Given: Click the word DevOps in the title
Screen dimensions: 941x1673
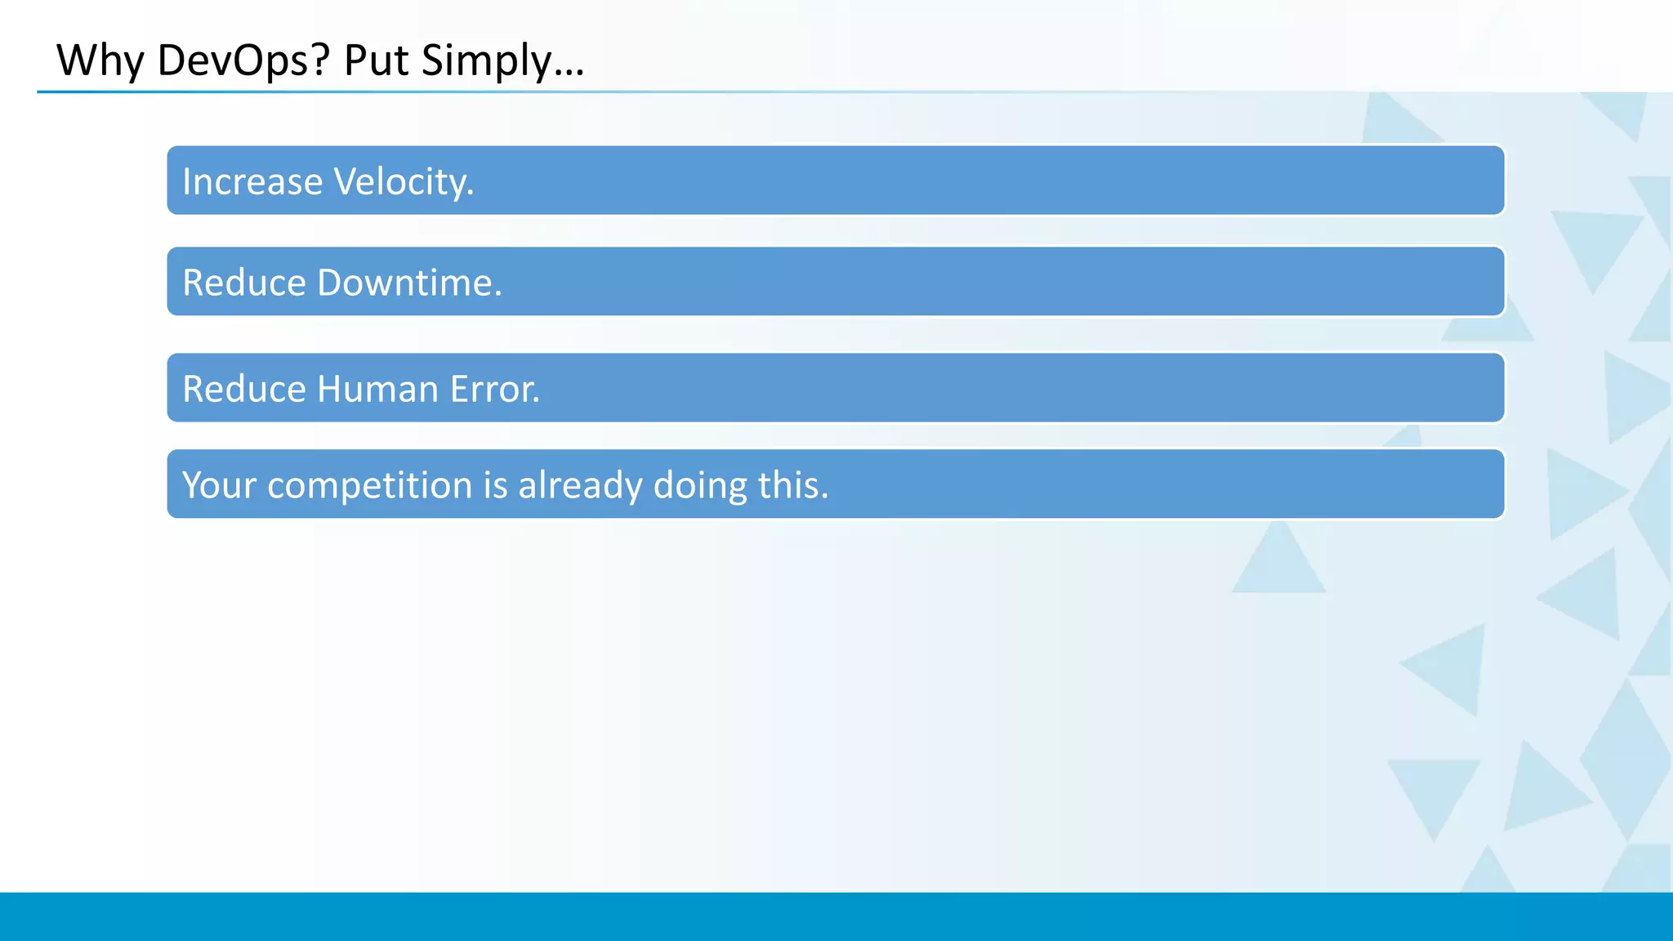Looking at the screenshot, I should (x=233, y=60).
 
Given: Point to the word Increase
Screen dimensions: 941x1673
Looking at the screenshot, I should (x=252, y=181).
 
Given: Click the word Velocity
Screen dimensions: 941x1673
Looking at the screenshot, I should (x=404, y=181).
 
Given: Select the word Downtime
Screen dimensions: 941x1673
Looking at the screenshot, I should (x=409, y=283).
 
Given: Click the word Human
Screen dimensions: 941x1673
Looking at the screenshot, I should (x=377, y=389).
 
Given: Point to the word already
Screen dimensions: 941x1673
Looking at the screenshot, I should (x=580, y=485).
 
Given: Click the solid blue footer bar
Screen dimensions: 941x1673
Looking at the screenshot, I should (x=836, y=916).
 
